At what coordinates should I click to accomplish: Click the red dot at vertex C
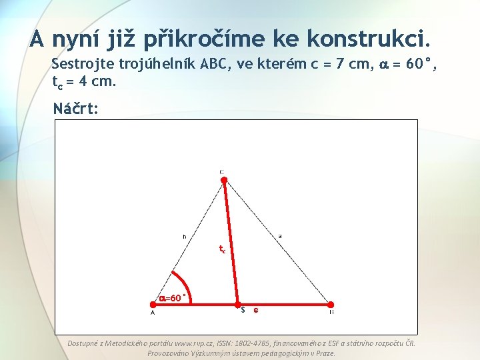coord(224,179)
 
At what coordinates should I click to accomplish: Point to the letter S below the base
coord(243,310)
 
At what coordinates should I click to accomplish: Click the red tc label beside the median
coord(223,249)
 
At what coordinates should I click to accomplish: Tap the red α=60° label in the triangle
coord(172,298)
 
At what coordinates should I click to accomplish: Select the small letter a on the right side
coord(280,235)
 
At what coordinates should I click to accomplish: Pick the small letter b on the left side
coord(184,235)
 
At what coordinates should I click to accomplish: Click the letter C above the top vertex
coord(221,171)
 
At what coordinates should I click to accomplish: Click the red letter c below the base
coord(255,310)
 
